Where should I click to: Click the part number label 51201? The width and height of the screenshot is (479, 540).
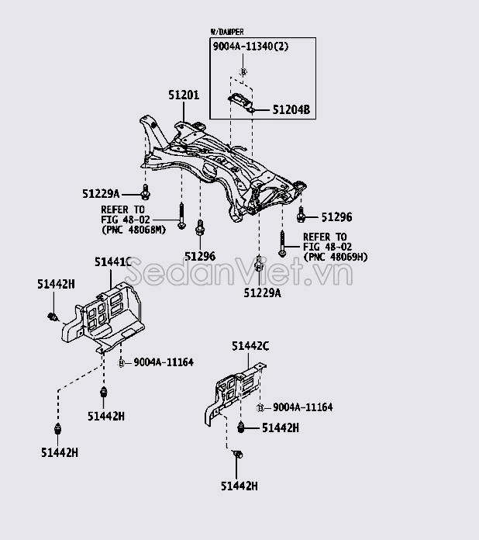[184, 95]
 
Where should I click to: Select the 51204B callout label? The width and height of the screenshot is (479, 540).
[290, 111]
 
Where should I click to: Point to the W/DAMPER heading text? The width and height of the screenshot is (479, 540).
[227, 32]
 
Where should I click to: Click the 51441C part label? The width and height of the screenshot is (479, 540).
[112, 262]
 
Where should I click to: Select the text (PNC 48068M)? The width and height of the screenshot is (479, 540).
[134, 229]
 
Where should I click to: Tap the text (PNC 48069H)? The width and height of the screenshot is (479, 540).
[336, 256]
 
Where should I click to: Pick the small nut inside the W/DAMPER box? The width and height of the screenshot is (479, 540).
[242, 72]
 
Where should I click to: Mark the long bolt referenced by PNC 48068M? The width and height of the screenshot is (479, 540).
[181, 215]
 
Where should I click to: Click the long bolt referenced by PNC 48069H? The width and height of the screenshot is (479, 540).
[283, 241]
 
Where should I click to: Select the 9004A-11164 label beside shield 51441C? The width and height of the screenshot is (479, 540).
[163, 362]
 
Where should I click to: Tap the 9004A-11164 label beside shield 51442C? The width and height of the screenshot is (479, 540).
[302, 407]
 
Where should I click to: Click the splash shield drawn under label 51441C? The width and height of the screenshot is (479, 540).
[105, 314]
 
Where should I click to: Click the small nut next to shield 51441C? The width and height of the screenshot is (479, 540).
[122, 362]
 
